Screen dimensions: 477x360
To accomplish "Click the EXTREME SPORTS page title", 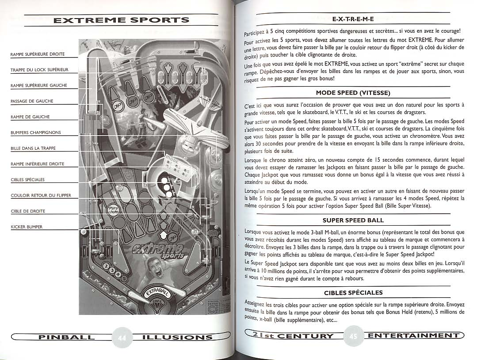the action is click(x=122, y=20).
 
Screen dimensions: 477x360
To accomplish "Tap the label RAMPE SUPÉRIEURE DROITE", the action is click(x=38, y=54).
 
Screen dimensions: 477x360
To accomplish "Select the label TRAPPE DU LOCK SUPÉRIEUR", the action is click(x=39, y=70).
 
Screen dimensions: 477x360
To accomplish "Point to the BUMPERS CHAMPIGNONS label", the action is click(x=36, y=133).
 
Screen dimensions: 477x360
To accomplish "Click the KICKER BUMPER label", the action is click(x=27, y=227).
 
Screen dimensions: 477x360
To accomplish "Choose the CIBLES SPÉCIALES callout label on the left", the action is click(x=28, y=180).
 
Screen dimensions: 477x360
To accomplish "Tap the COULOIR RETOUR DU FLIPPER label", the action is click(x=41, y=196).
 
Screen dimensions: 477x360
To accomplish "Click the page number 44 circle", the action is click(x=122, y=337).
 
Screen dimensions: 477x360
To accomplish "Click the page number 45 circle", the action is click(x=353, y=336).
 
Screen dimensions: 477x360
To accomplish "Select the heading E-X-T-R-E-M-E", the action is click(x=353, y=19).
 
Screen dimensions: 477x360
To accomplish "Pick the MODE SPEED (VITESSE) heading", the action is click(x=353, y=93).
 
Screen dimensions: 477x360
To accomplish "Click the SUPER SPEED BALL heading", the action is click(x=353, y=220).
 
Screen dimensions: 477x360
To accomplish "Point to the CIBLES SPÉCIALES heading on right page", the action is click(x=353, y=293).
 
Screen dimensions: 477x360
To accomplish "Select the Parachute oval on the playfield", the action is click(x=114, y=210).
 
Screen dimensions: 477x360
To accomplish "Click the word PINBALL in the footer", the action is click(x=66, y=337).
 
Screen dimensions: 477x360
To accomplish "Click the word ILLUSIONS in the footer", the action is click(x=178, y=337).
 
